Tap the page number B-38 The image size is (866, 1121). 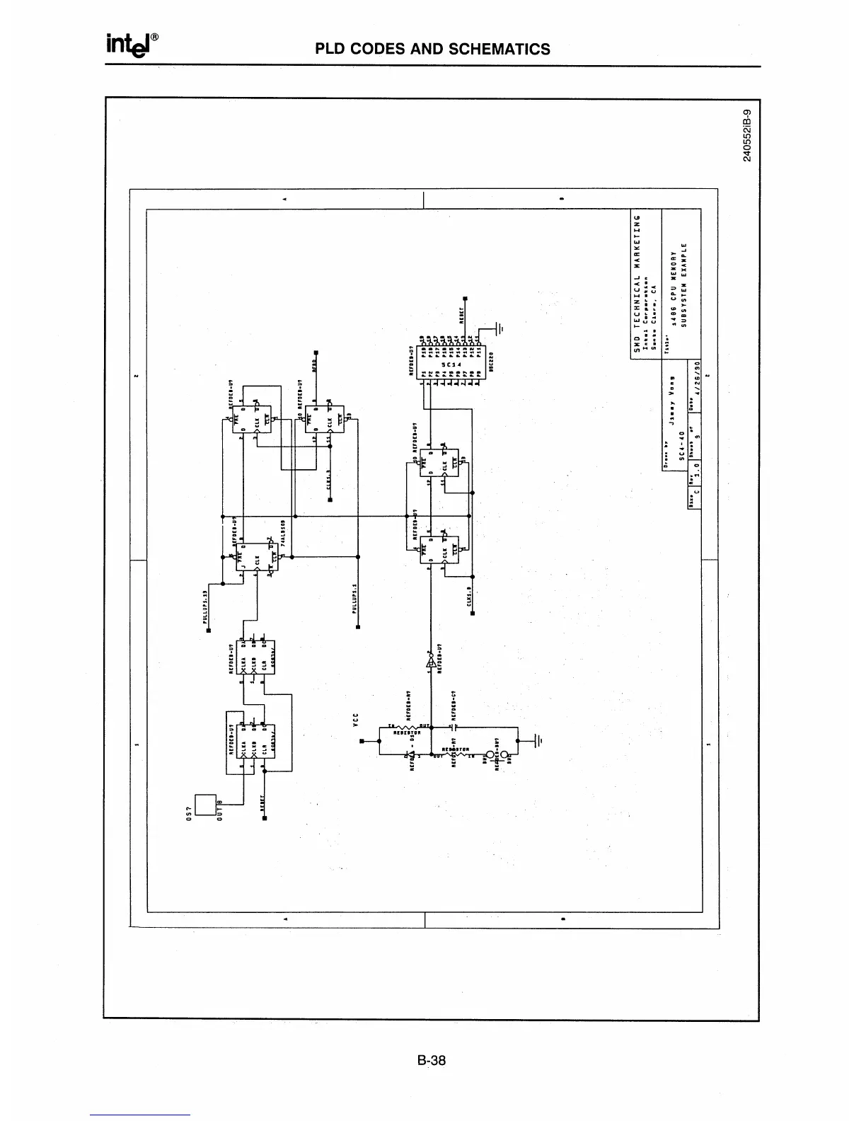pyautogui.click(x=432, y=1060)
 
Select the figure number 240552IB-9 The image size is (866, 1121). pyautogui.click(x=749, y=137)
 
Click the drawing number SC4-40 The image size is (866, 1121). pyautogui.click(x=681, y=454)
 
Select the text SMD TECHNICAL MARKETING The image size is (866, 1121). pyautogui.click(x=637, y=283)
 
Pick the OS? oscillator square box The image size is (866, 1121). pyautogui.click(x=205, y=805)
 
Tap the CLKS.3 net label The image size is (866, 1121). pyautogui.click(x=330, y=480)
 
